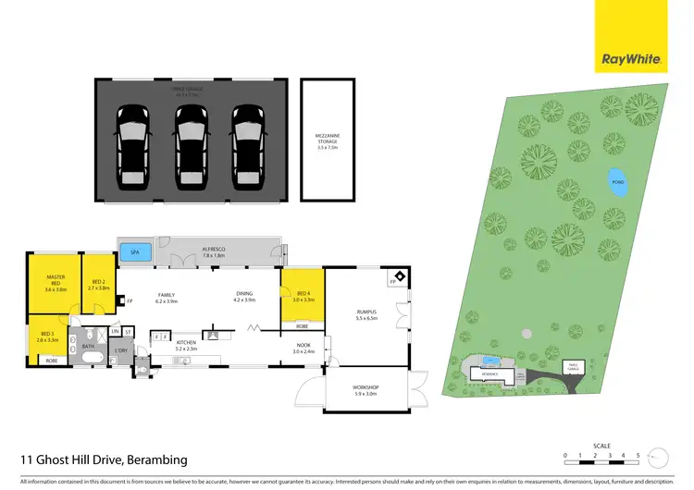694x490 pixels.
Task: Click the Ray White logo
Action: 632,59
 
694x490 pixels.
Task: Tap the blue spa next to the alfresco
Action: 136,251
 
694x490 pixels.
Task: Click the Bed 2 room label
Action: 99,285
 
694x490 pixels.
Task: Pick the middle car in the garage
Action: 191,145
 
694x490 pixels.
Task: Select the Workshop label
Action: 366,390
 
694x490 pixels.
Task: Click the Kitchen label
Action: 187,346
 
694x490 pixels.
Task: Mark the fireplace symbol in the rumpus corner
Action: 399,276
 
